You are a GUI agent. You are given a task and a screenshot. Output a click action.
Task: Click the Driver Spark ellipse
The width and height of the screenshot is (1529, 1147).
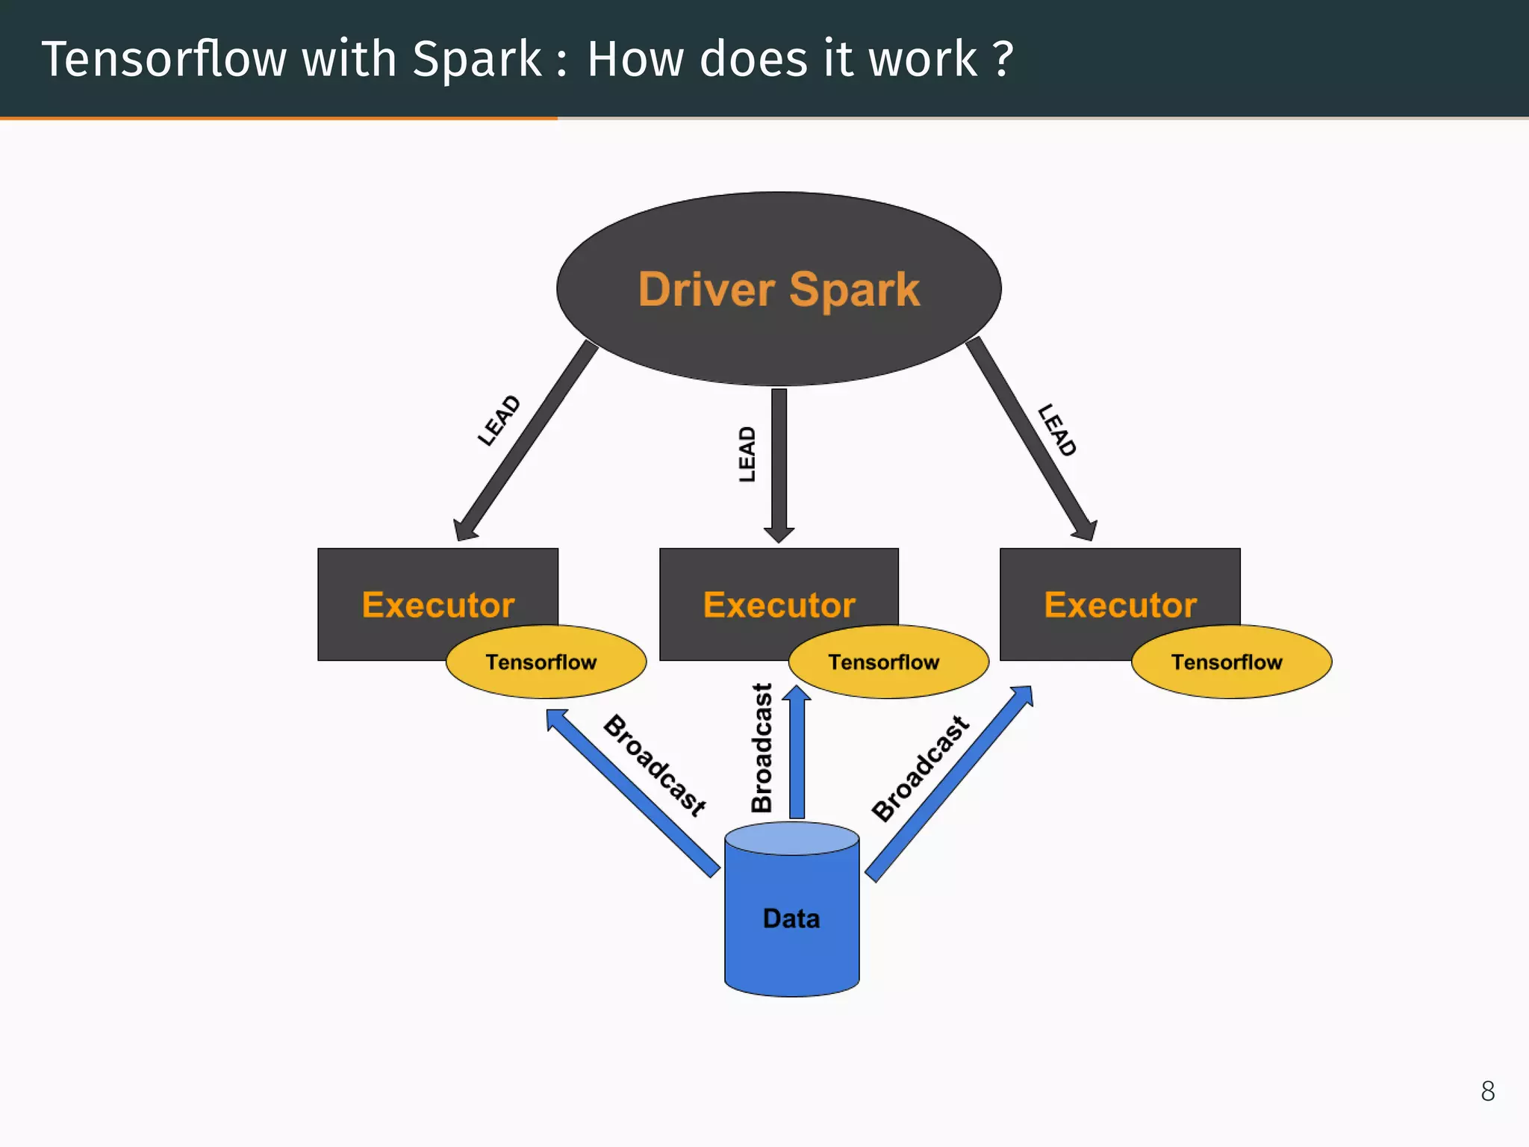(779, 290)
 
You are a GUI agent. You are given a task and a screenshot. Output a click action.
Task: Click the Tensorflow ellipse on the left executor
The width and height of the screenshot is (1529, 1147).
(545, 662)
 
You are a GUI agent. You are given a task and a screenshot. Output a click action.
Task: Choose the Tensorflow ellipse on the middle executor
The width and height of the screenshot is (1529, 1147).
(888, 662)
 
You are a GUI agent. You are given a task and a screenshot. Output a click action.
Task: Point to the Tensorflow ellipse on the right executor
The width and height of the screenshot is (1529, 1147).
(1230, 662)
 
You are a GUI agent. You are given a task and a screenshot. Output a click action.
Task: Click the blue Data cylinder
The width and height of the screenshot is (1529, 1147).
(791, 918)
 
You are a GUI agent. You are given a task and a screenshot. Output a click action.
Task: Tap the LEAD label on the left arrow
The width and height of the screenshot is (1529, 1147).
(499, 420)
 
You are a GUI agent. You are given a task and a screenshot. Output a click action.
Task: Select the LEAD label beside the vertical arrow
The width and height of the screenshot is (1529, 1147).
(747, 454)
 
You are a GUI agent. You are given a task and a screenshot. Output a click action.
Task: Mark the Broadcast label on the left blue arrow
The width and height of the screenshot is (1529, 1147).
(655, 765)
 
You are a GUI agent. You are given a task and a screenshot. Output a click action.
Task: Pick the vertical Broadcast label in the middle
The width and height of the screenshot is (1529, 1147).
(762, 748)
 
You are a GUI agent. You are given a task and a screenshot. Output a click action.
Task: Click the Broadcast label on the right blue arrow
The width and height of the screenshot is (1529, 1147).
(921, 768)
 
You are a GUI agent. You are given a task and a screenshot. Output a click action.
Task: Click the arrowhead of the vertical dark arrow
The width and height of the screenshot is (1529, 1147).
(779, 533)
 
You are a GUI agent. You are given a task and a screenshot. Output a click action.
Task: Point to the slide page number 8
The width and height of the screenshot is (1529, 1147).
(1487, 1091)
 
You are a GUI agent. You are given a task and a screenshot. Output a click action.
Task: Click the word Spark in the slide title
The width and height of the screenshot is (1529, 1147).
(476, 59)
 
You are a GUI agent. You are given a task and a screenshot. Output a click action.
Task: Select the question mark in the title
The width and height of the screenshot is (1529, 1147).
(1003, 59)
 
